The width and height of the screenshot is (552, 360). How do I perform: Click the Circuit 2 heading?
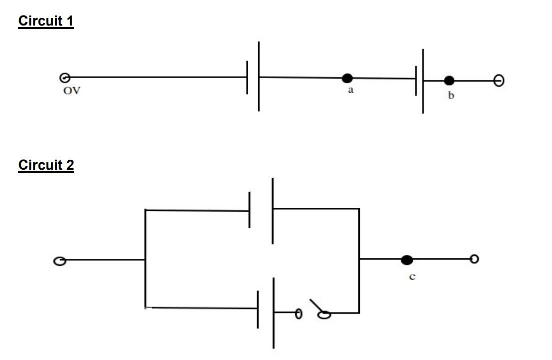46,165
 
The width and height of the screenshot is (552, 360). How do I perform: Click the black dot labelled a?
347,78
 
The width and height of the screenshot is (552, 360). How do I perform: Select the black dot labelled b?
449,80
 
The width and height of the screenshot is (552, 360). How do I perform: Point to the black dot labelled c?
407,259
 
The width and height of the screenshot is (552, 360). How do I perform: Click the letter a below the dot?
350,91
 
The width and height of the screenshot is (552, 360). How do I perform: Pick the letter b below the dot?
451,95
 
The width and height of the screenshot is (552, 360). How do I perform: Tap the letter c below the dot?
412,276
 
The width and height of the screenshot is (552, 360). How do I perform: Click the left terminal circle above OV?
64,78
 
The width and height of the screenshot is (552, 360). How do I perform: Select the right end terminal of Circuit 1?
498,80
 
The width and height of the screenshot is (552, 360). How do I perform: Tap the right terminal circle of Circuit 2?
474,258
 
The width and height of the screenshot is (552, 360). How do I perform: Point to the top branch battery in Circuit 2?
261,210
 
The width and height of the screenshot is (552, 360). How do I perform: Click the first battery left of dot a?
253,77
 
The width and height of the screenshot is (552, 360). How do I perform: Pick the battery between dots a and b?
419,80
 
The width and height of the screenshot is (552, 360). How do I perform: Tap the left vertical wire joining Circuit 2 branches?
145,258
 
